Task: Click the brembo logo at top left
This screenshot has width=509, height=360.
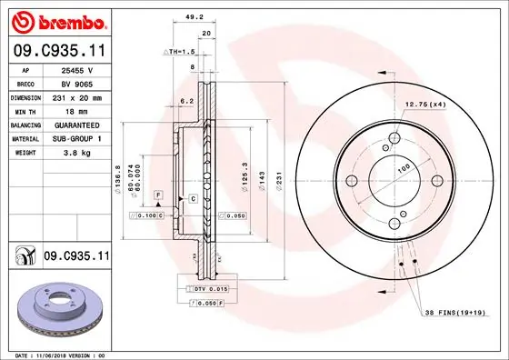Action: (56, 20)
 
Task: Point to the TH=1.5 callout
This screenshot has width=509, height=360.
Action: (182, 53)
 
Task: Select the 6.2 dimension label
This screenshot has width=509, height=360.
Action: (188, 101)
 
